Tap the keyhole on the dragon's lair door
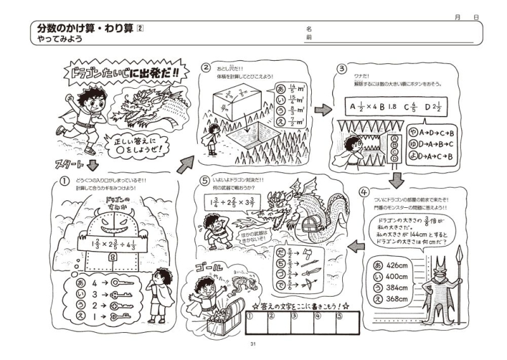point(112,259)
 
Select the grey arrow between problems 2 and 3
point(323,110)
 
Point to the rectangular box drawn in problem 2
point(234,104)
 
